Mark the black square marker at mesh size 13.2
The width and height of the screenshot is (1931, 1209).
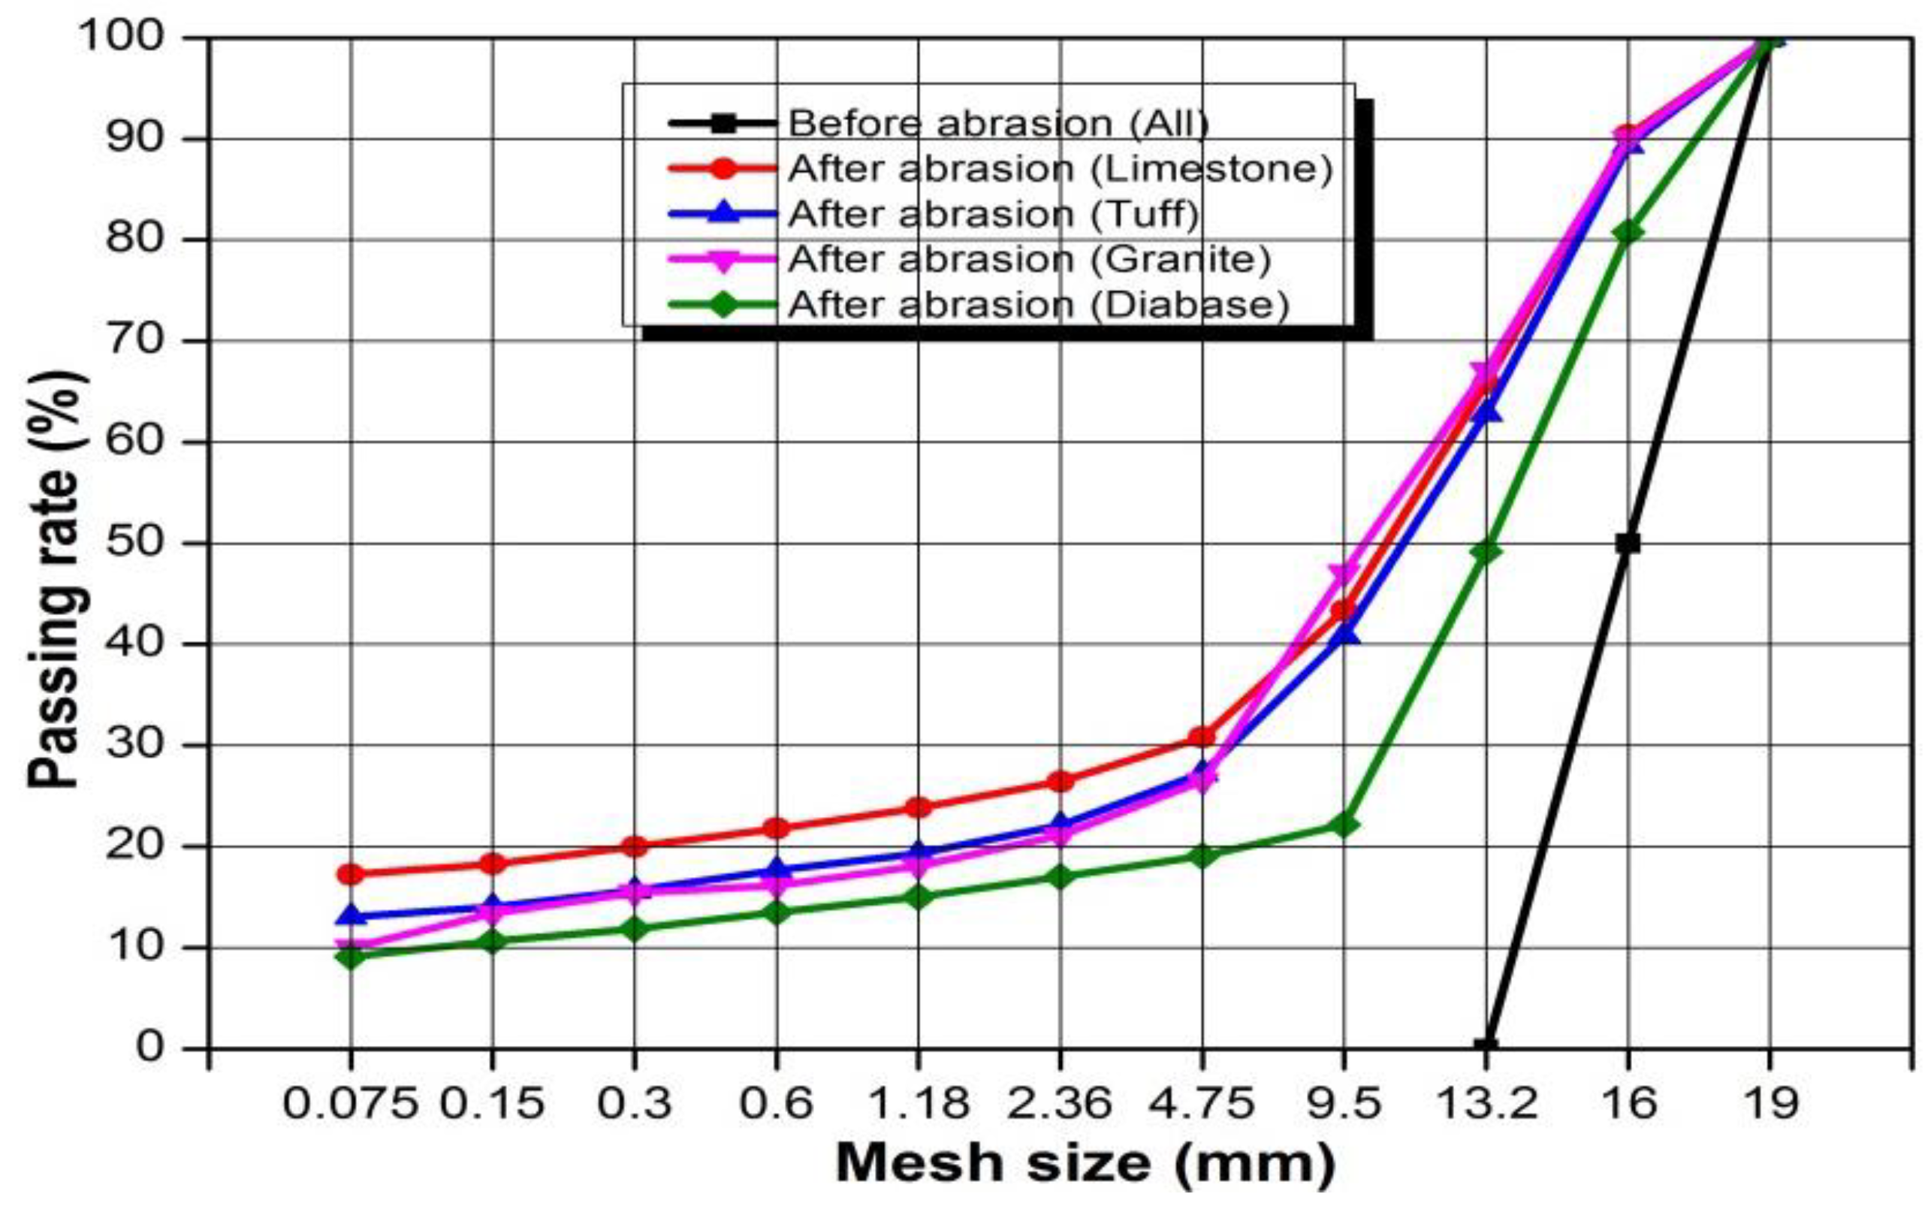pyautogui.click(x=1486, y=1047)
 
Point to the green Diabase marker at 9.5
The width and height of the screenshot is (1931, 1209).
pyautogui.click(x=1344, y=824)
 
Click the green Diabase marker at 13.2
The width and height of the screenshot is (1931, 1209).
pyautogui.click(x=1486, y=552)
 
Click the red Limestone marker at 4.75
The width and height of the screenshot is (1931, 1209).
pyautogui.click(x=1202, y=737)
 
